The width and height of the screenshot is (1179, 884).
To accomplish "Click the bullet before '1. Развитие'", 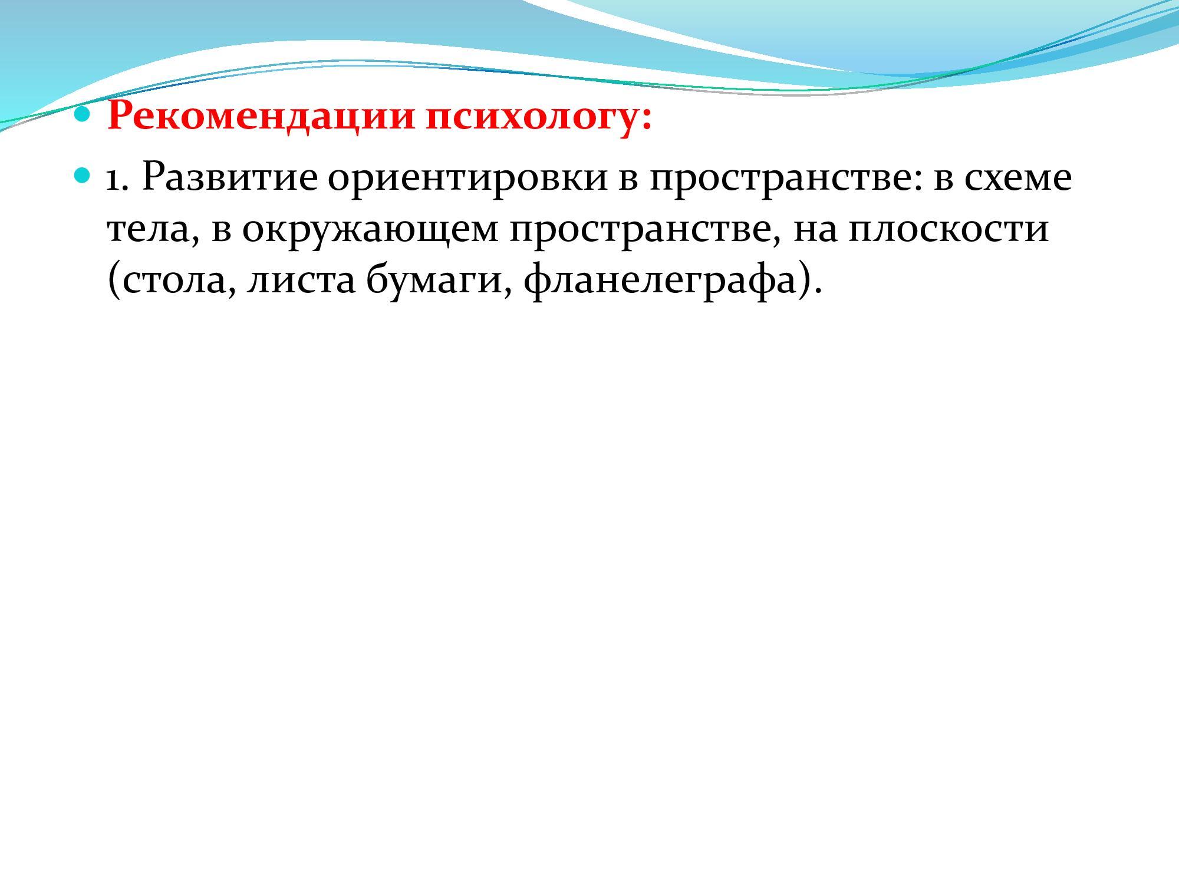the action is (x=84, y=174).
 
